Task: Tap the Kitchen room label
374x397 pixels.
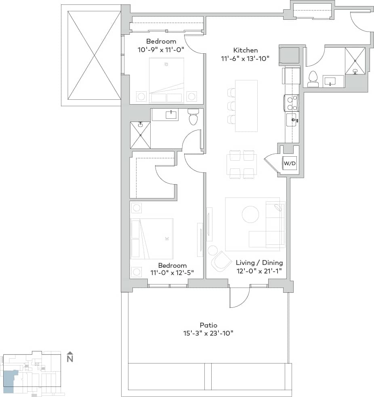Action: click(245, 50)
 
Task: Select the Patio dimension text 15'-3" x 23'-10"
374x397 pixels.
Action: click(208, 333)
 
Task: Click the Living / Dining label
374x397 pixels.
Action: click(259, 263)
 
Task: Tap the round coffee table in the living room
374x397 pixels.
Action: click(250, 214)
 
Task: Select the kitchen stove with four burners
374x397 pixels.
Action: click(291, 103)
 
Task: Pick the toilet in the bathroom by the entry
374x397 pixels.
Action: click(313, 79)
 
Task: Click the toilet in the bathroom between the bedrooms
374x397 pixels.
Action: click(193, 117)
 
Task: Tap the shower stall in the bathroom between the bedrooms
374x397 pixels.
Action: click(140, 135)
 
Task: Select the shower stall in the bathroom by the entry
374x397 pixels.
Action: click(355, 61)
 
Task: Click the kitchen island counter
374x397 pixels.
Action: click(246, 106)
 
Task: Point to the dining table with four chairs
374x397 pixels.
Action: click(242, 164)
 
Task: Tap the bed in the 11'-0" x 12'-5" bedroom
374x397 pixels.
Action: click(151, 239)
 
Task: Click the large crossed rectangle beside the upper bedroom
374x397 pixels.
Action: click(94, 55)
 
